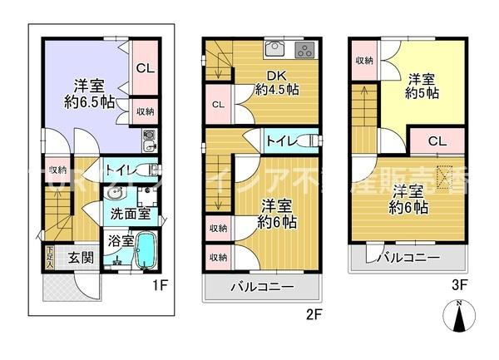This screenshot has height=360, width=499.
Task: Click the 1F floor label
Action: [x=162, y=285]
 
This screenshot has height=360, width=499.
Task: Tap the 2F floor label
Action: [x=314, y=315]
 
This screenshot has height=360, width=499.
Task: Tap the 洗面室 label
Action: [x=131, y=213]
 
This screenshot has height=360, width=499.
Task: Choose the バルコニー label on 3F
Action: [x=408, y=258]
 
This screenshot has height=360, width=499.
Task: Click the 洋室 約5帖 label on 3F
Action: [x=422, y=86]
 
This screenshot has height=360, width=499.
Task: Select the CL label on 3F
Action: [x=437, y=141]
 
